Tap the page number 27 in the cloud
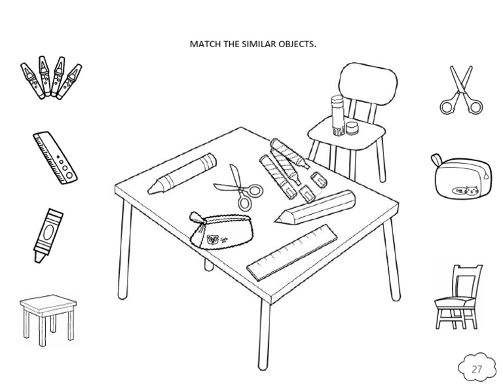click(x=476, y=369)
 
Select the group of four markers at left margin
click(x=51, y=78)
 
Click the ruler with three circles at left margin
click(x=55, y=157)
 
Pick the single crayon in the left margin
click(x=48, y=235)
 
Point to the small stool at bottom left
click(x=48, y=320)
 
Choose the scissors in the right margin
click(x=461, y=90)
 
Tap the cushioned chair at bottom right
click(x=458, y=297)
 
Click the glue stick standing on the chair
click(x=337, y=115)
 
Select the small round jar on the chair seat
click(x=352, y=128)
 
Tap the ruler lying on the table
click(x=292, y=252)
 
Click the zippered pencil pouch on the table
click(x=221, y=230)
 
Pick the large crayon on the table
click(x=182, y=174)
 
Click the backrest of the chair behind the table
click(x=368, y=84)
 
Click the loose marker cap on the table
click(x=319, y=179)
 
